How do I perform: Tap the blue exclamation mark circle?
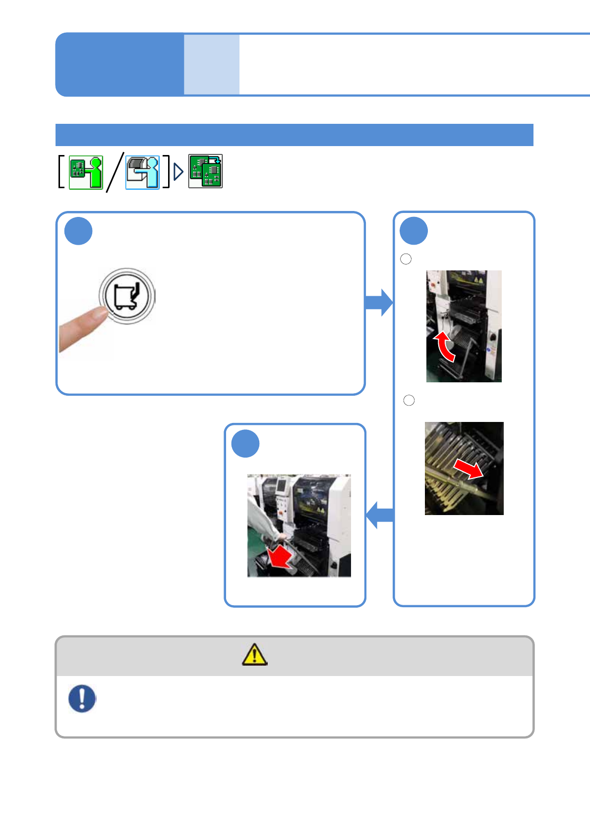tap(82, 698)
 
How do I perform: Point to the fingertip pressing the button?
tap(99, 315)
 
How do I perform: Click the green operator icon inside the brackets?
tap(86, 172)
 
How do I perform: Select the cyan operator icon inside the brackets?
tap(142, 172)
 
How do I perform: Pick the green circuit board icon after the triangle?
tap(205, 171)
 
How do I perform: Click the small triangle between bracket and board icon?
tap(178, 172)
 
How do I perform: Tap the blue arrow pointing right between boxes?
tap(379, 302)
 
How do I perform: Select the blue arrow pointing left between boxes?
tap(380, 515)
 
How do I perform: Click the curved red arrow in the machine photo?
tap(444, 346)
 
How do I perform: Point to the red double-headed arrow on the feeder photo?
tap(469, 469)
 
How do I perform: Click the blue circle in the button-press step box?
tap(78, 231)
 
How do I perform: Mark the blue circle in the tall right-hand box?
tap(413, 231)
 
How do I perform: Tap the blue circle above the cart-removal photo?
tap(245, 443)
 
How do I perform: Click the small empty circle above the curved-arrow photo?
tap(406, 259)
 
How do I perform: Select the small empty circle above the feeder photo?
tap(409, 400)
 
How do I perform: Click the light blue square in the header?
tap(212, 64)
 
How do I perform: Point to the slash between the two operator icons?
tap(115, 172)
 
